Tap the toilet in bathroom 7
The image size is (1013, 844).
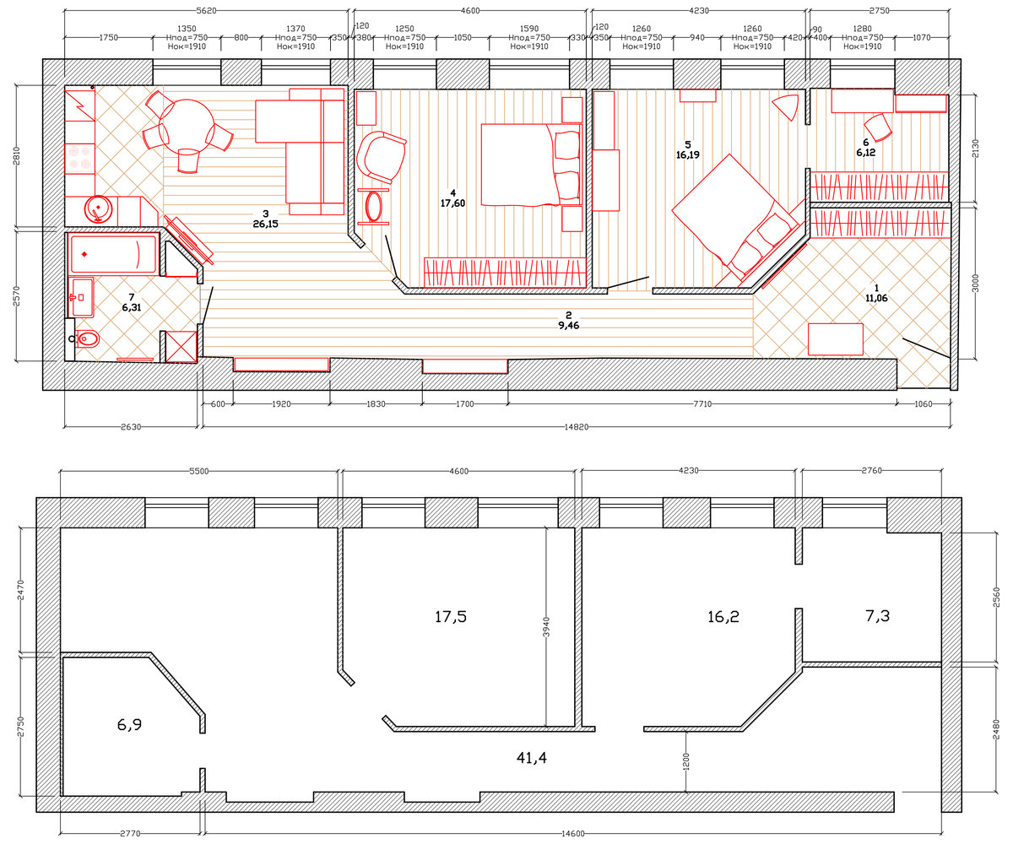click(87, 338)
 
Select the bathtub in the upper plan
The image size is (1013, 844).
click(113, 254)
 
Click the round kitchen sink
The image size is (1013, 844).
click(99, 209)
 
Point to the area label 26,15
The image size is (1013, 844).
click(265, 224)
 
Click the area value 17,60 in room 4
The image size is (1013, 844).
click(452, 203)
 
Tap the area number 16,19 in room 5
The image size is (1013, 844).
click(687, 154)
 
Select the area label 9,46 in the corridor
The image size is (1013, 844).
click(569, 326)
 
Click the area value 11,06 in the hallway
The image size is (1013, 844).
click(876, 298)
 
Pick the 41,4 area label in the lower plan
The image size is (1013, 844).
click(531, 757)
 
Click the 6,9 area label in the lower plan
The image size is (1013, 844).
click(129, 724)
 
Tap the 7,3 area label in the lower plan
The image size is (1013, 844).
click(877, 615)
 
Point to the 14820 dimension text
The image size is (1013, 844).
click(577, 427)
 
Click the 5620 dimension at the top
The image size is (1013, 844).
click(206, 10)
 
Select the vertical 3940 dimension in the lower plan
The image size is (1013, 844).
click(546, 627)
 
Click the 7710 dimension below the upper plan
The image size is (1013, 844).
click(702, 403)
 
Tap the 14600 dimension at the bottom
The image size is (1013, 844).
click(573, 833)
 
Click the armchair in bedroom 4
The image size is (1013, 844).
click(382, 157)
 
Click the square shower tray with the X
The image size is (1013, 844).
click(181, 346)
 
